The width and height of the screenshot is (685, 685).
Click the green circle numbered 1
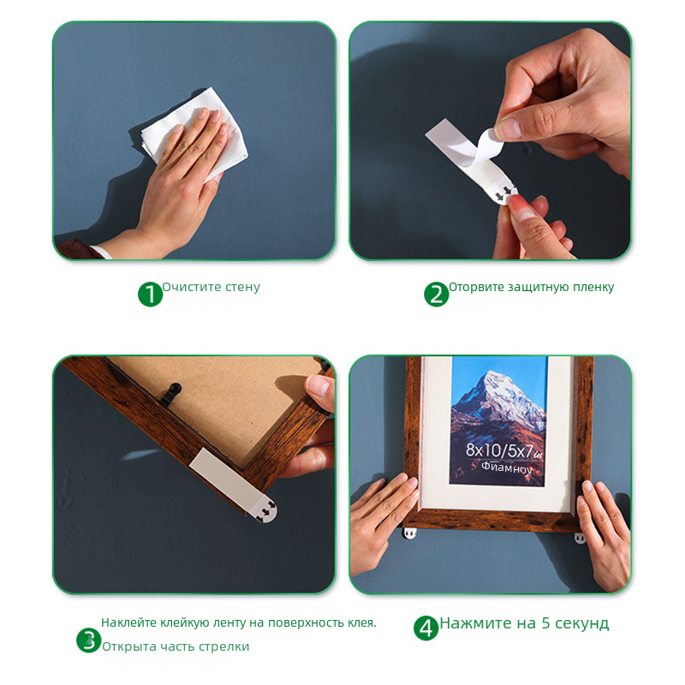[150, 294]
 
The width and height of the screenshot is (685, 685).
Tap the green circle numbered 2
[437, 294]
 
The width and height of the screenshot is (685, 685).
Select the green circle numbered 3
[89, 640]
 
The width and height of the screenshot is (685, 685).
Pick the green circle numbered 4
[426, 628]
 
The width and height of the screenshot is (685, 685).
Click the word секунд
[582, 623]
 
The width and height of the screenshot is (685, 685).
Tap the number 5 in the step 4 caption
[545, 623]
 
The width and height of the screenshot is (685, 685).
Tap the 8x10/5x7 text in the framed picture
[503, 450]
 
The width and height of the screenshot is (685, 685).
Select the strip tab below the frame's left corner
[410, 533]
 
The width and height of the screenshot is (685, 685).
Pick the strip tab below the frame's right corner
[581, 539]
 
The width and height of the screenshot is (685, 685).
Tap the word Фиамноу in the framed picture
[507, 468]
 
